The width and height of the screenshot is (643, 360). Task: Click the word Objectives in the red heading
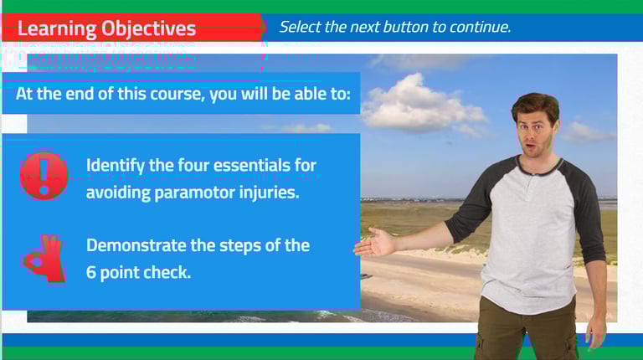(148, 28)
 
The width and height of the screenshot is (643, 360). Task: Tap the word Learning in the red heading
(57, 28)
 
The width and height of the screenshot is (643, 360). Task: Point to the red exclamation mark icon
(44, 176)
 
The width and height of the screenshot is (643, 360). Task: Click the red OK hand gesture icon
(44, 259)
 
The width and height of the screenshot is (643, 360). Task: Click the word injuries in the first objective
(275, 193)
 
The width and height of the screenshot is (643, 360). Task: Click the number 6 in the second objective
(91, 272)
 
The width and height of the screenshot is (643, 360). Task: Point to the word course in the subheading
(177, 95)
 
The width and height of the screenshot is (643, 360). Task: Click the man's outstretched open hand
(375, 241)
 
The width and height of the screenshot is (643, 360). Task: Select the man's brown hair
(535, 105)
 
